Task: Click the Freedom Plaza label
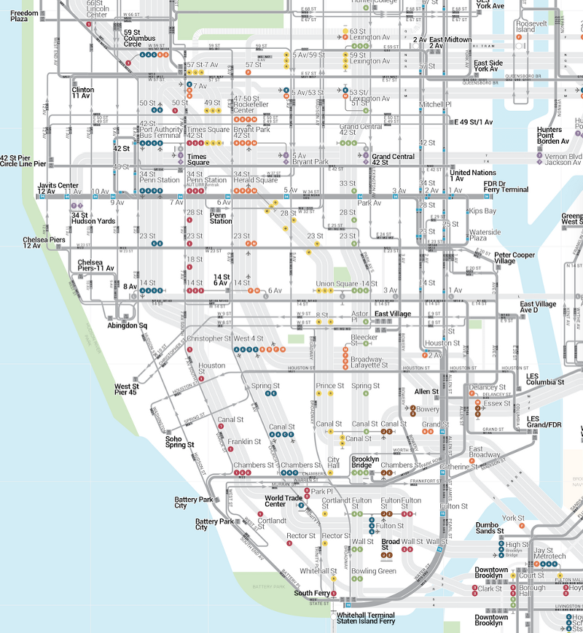pos(24,16)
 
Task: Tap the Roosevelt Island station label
pos(525,26)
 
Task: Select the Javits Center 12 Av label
pos(58,189)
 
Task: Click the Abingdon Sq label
pos(128,326)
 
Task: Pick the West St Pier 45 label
pos(125,389)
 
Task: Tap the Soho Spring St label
pos(179,441)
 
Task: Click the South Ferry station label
pos(313,594)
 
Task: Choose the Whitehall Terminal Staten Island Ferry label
pos(365,618)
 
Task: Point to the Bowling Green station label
pos(374,571)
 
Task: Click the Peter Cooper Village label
pos(514,258)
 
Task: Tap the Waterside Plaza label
pos(485,234)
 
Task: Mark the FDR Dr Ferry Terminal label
pos(506,186)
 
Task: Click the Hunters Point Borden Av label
pos(550,136)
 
